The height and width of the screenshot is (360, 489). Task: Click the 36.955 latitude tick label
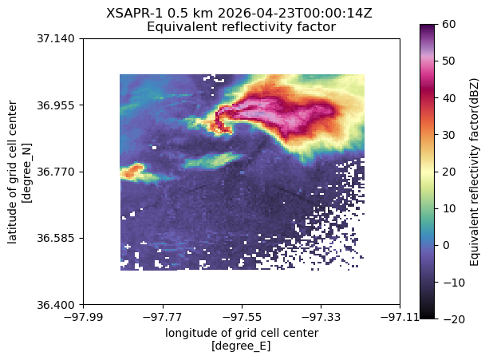coord(56,105)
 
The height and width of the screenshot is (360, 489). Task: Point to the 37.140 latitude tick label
coord(56,39)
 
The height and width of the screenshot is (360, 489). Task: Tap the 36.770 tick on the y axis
coord(56,172)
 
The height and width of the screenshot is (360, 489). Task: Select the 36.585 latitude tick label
coord(56,239)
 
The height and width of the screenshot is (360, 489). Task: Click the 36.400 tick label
coord(56,305)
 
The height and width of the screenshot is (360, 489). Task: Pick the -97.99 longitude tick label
coord(83,317)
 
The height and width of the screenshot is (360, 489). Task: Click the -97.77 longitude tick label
coord(163,317)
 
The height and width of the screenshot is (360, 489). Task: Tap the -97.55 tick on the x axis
coord(242,317)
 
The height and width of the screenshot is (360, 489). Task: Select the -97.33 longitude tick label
coord(321,317)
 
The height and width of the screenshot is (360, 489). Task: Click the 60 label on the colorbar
coord(449,24)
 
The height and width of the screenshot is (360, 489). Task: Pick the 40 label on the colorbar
coord(449,98)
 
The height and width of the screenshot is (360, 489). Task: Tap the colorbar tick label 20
coord(449,172)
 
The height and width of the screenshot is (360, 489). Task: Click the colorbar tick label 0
coord(446,245)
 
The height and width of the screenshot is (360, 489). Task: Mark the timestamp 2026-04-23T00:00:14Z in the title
coord(294,14)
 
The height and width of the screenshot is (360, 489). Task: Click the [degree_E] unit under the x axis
coord(241,346)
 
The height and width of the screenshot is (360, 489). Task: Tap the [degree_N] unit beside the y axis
coord(27,173)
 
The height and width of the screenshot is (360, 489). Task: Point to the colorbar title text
coord(474,172)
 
